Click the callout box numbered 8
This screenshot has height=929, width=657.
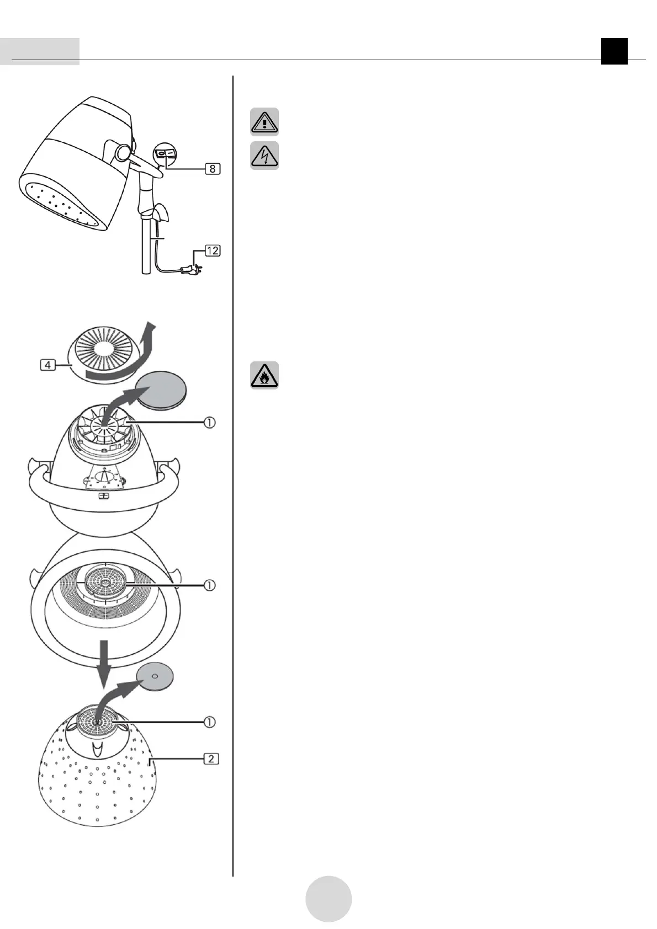213,168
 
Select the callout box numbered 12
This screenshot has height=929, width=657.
213,250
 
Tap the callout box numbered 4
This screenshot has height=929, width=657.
47,365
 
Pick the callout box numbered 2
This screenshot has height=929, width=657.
211,759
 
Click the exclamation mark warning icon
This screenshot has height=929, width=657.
264,121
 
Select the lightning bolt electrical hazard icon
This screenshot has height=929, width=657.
264,156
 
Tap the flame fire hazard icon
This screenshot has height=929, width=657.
264,376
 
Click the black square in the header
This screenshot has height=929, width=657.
614,51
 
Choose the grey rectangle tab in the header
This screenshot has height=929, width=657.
40,51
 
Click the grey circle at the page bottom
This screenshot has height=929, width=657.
328,899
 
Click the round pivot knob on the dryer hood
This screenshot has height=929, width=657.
123,152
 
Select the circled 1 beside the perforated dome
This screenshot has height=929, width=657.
210,721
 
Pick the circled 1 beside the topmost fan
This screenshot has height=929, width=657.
210,423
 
